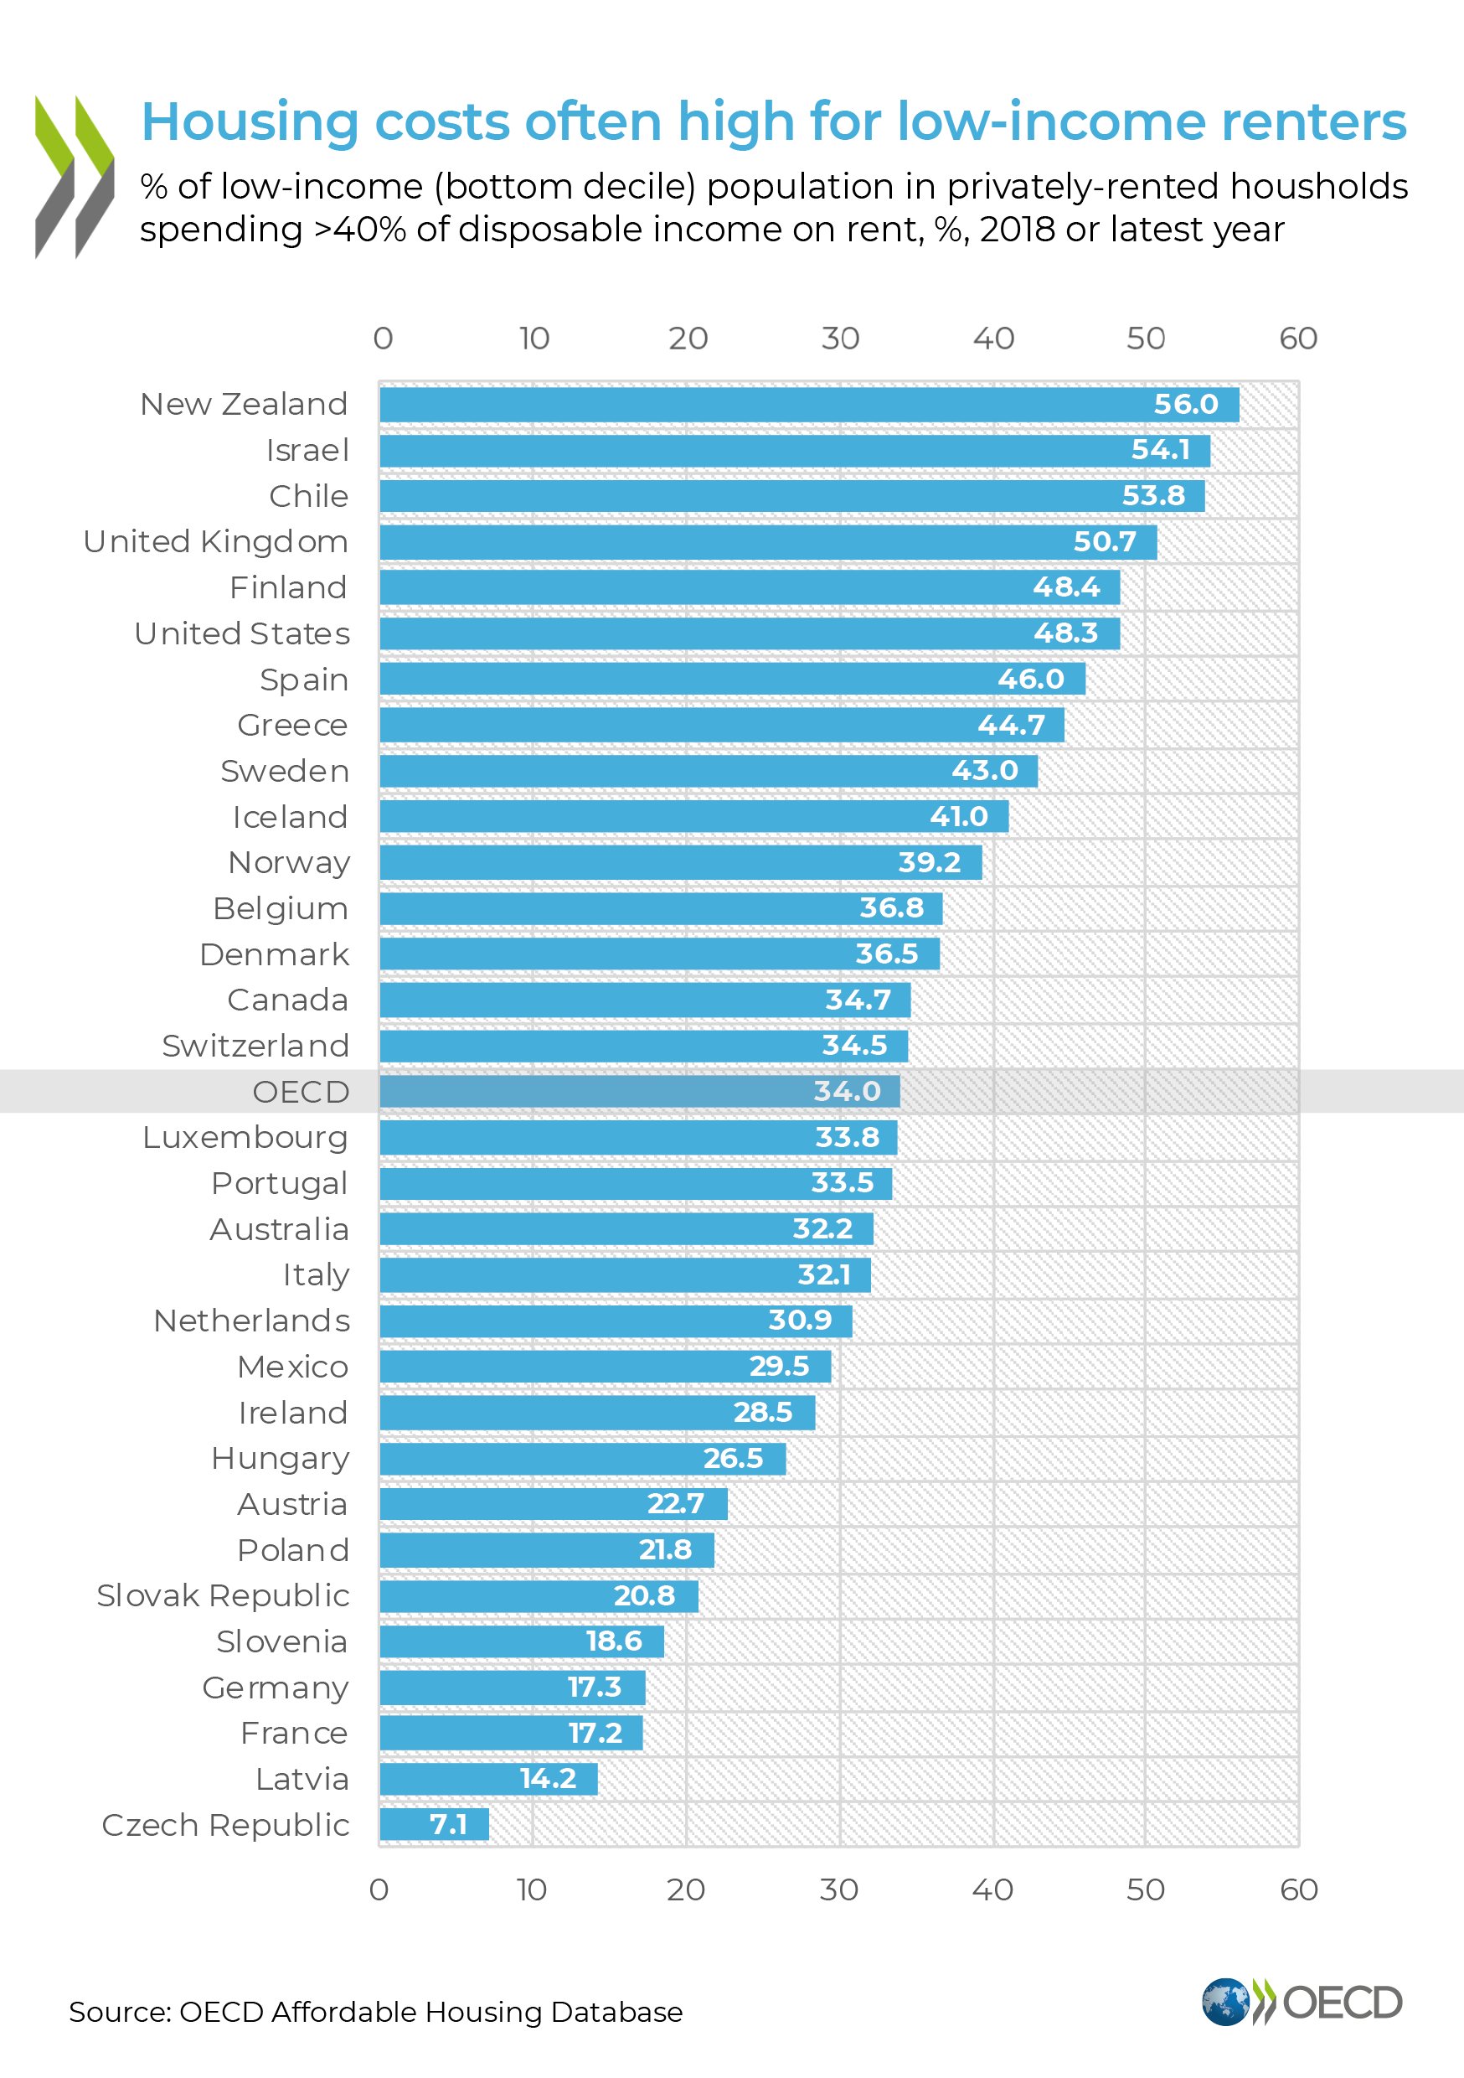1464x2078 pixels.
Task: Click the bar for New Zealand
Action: (x=769, y=405)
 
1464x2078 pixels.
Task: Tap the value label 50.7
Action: (x=1104, y=541)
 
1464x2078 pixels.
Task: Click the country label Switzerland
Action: (x=255, y=1047)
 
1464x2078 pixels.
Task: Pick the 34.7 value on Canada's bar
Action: (x=858, y=1000)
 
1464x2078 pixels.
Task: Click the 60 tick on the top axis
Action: (x=1297, y=339)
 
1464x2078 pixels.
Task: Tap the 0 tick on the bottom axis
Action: (x=379, y=1889)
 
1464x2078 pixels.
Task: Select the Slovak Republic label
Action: (x=223, y=1595)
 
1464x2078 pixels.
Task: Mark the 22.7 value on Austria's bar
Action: (x=675, y=1504)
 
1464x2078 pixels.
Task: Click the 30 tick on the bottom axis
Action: (x=838, y=1889)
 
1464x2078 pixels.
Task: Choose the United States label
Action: (x=241, y=633)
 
